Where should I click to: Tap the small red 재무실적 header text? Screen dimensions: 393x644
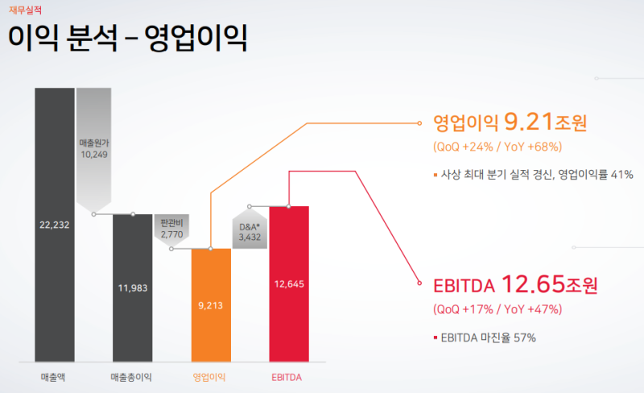coord(26,9)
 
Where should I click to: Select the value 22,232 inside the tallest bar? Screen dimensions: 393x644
coord(55,225)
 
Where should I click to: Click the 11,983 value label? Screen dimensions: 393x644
coord(132,289)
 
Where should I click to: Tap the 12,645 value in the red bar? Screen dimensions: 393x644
coord(289,283)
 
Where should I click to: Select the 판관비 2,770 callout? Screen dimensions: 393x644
coord(172,228)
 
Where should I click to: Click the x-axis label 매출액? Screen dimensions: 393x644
coord(55,376)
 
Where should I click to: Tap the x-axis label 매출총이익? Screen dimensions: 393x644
coord(132,376)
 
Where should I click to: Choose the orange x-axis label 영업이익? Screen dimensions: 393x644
coord(210,376)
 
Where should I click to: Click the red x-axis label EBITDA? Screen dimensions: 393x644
coord(288,376)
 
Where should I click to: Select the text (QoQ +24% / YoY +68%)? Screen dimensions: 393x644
coord(497,147)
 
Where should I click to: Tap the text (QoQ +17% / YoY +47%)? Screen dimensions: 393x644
coord(497,309)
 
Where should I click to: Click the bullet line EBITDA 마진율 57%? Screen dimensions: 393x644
coord(488,337)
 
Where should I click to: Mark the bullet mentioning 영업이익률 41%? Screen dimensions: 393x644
coord(537,175)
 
